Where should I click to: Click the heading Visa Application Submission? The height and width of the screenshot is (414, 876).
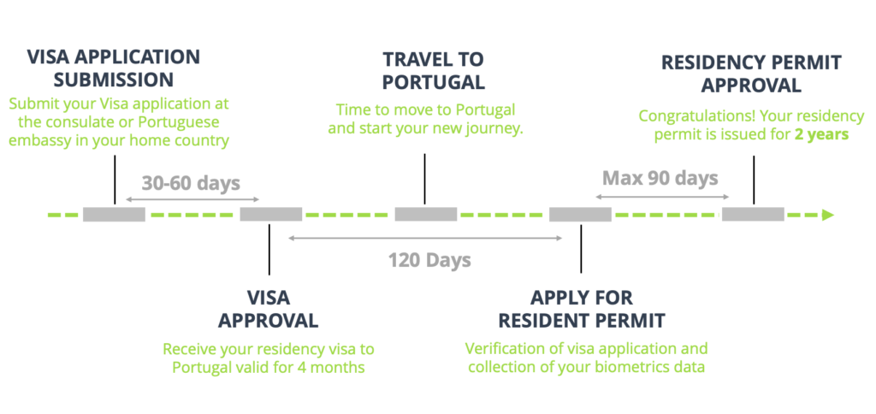point(113,68)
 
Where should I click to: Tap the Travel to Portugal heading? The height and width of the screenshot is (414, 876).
point(433,71)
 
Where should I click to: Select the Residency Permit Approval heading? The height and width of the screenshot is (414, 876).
point(751,74)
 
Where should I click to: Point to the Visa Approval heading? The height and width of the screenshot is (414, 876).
point(268,309)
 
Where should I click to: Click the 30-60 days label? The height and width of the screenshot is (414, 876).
point(191,182)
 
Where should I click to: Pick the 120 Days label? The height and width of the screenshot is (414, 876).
point(429,260)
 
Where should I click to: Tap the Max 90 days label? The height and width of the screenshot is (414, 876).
point(660,178)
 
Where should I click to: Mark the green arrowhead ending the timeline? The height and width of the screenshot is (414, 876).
point(827,215)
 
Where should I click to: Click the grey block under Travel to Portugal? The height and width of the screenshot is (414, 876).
point(425,214)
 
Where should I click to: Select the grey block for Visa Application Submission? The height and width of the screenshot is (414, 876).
point(114,214)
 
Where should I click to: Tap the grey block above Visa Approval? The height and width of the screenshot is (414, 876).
point(270,214)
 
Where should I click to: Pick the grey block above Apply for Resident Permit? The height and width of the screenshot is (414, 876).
point(580,214)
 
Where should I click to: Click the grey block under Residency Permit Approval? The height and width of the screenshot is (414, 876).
point(753,214)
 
